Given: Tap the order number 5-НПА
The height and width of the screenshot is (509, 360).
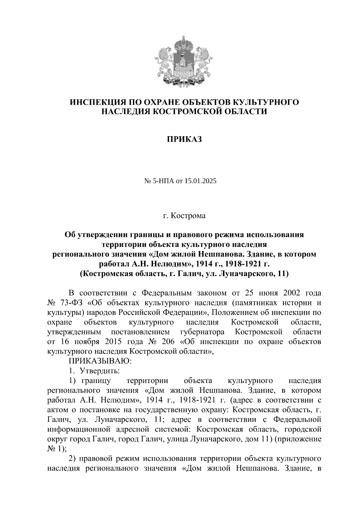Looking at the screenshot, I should (164, 181).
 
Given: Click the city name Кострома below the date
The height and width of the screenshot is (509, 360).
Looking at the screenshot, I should (188, 216).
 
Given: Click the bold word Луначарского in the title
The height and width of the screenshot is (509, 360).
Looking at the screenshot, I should (241, 274).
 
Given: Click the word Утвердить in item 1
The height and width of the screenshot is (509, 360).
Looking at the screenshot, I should (100, 371).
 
